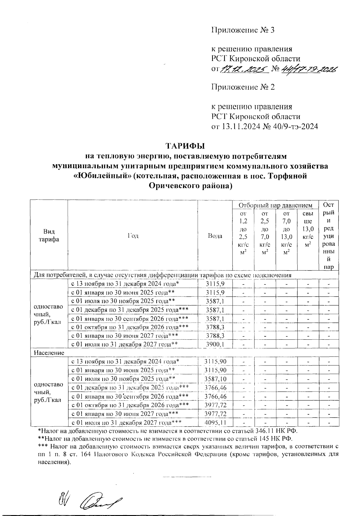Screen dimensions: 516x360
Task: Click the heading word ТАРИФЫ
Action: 185,146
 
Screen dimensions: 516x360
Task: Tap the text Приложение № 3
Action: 243,30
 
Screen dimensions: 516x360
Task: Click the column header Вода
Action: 215,236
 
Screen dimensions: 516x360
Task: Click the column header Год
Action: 133,236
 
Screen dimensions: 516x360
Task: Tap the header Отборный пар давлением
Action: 275,205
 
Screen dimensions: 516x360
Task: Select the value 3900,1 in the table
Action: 215,344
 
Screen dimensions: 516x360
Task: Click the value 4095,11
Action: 215,422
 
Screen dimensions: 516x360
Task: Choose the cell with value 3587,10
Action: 215,379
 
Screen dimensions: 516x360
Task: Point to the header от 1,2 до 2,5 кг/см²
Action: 243,233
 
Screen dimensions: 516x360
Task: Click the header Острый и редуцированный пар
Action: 329,236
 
